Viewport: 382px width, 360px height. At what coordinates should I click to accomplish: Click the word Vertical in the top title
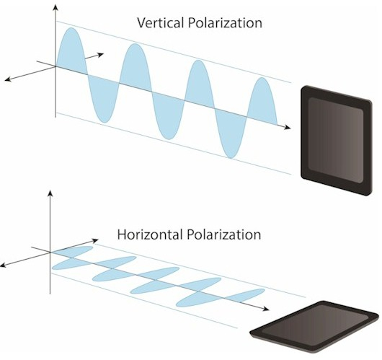[x=160, y=23]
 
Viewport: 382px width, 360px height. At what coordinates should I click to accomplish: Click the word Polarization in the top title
[x=225, y=23]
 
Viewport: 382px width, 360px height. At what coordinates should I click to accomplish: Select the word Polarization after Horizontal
[x=224, y=234]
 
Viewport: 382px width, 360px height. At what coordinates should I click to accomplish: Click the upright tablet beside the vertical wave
[x=337, y=140]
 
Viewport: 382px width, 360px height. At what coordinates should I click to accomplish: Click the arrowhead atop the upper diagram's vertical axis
[x=55, y=8]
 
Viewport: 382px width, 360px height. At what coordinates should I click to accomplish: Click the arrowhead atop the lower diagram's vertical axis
[x=50, y=193]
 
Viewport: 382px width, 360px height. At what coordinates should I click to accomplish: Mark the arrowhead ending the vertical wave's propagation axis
[x=288, y=127]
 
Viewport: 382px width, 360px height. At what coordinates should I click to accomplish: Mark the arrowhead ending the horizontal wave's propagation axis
[x=265, y=309]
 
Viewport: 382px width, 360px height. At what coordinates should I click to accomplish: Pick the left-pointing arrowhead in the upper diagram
[x=8, y=79]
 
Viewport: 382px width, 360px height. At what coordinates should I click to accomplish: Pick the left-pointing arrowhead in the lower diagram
[x=4, y=265]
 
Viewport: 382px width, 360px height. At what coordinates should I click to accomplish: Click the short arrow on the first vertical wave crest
[x=94, y=56]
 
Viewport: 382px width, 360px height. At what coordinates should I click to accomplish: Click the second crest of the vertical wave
[x=136, y=66]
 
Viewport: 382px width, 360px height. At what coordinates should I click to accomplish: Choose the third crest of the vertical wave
[x=199, y=81]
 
